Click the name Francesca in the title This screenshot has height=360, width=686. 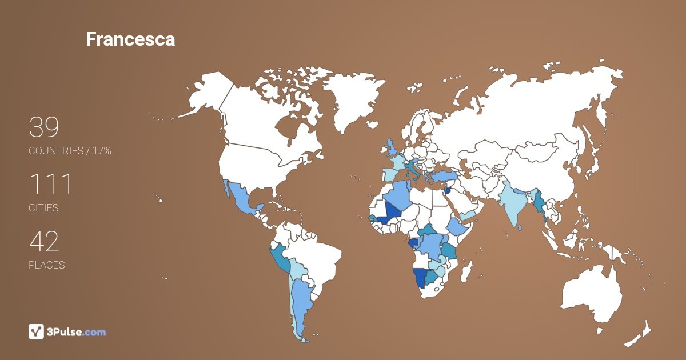130,39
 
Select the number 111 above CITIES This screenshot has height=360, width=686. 50,185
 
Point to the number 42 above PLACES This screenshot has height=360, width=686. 44,242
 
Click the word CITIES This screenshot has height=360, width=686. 44,208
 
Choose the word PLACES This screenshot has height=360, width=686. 47,265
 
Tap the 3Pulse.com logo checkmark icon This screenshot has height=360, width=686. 36,331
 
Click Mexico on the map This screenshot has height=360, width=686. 243,200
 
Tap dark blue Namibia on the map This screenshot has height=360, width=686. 420,277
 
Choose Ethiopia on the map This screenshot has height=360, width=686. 457,227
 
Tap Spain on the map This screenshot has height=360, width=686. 389,173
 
